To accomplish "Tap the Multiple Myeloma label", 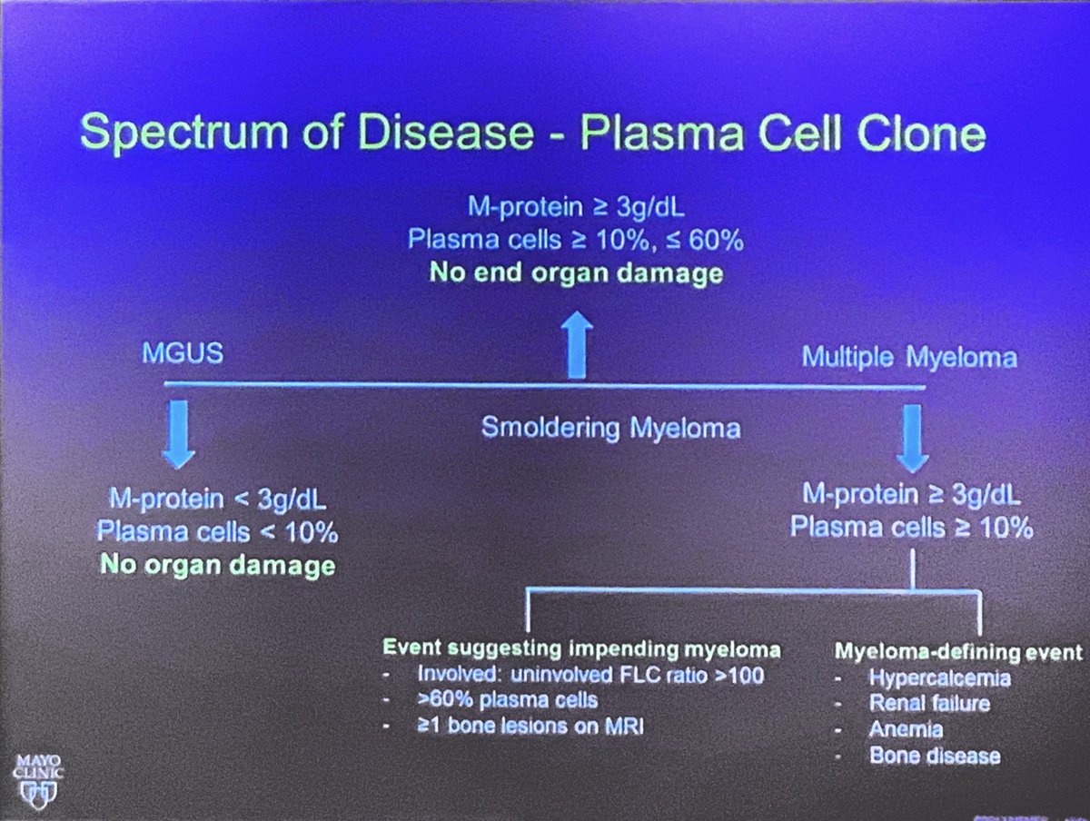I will (x=908, y=357).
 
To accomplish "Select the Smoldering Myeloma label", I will (x=610, y=428).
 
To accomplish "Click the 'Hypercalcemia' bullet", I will (x=939, y=678).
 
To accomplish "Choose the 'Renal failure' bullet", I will (x=928, y=703).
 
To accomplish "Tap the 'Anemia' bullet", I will (x=905, y=729).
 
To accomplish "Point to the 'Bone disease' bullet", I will (x=934, y=756).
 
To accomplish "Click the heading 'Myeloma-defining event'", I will (x=957, y=652).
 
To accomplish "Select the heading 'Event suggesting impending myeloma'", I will (x=580, y=649).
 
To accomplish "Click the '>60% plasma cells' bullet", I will (x=506, y=701).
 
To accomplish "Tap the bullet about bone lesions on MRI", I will (x=529, y=727).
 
